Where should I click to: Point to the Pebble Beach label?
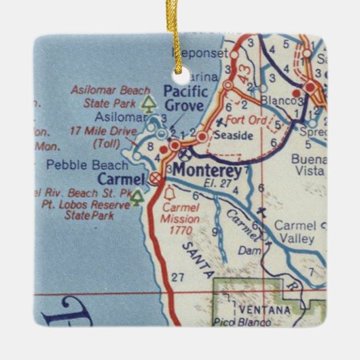click(86, 165)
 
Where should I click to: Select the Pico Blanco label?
click(234, 321)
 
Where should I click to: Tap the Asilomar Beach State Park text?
click(109, 97)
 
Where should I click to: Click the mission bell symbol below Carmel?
click(169, 195)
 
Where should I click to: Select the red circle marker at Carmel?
click(156, 179)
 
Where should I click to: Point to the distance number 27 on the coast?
click(179, 276)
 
